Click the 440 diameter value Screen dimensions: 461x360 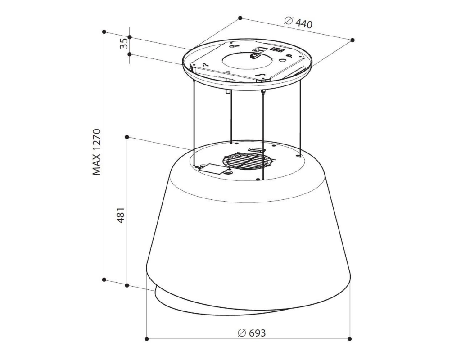pyautogui.click(x=304, y=23)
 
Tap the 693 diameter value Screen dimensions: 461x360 pyautogui.click(x=257, y=333)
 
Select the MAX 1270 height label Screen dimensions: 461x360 pyautogui.click(x=97, y=152)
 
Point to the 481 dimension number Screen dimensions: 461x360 pyautogui.click(x=121, y=216)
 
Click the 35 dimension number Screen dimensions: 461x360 pyautogui.click(x=124, y=44)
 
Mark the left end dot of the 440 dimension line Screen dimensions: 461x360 pyautogui.click(x=240, y=18)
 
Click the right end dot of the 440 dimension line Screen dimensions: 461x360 pyautogui.click(x=353, y=40)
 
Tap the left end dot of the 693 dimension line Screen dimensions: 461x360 pyautogui.click(x=147, y=339)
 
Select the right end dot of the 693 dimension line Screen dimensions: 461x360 pyautogui.click(x=349, y=339)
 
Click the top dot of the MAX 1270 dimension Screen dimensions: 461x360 pyautogui.click(x=104, y=31)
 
